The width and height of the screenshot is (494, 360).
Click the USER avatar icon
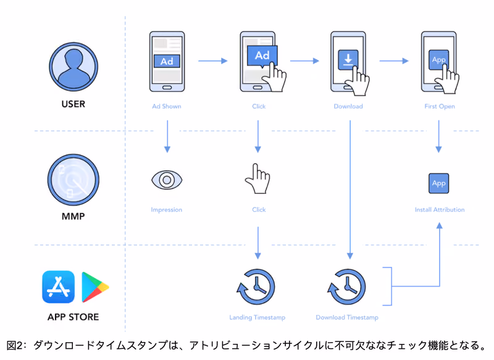73,67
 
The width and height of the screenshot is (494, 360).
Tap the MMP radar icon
73,180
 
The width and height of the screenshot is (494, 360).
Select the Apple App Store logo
58,287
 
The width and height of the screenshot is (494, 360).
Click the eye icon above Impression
167,180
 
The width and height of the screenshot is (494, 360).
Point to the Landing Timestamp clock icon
256,287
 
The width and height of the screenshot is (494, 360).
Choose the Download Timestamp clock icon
346,287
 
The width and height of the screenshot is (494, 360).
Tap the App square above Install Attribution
438,183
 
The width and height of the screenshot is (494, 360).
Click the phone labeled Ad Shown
167,61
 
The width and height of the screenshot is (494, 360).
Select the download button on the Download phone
348,59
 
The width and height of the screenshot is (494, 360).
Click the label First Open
440,106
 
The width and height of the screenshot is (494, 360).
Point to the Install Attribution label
440,210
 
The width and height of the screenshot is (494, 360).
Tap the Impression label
166,210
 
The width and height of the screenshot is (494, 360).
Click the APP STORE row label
73,317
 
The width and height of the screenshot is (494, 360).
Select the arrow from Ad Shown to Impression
167,136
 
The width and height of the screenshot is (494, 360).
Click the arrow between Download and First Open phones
394,61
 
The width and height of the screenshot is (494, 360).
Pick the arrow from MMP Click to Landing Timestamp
257,243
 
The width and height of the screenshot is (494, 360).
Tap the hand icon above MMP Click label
257,178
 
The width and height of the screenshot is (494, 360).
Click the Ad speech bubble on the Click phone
262,56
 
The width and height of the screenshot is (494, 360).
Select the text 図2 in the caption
15,346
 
